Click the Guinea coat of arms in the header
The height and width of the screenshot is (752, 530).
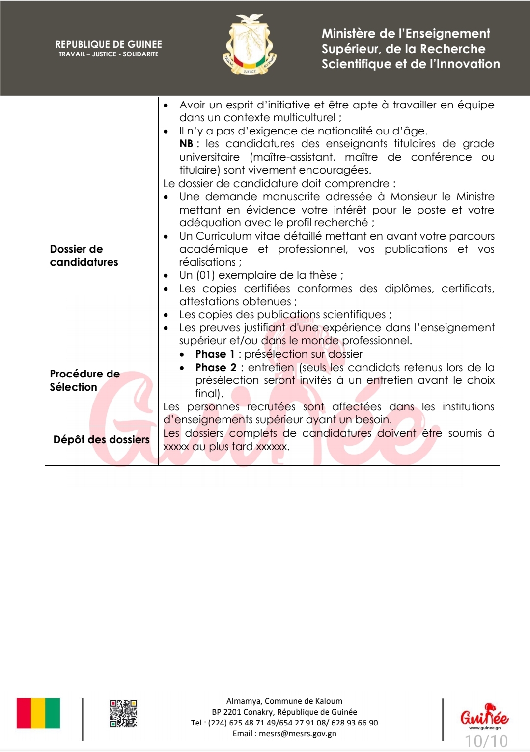click(250, 45)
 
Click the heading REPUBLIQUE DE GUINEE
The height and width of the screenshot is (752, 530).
click(109, 44)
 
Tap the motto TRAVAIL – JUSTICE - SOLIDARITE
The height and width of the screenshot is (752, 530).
click(109, 54)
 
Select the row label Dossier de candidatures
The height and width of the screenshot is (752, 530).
click(84, 255)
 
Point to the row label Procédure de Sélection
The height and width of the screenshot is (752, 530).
click(84, 380)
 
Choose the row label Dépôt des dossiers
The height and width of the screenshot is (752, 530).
click(101, 440)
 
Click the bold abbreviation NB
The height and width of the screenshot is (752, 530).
click(186, 144)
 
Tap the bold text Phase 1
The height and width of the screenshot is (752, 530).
click(215, 354)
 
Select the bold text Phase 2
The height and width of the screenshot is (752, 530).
click(216, 368)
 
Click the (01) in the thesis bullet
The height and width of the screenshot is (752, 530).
click(205, 275)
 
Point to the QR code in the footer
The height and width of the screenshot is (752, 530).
click(123, 713)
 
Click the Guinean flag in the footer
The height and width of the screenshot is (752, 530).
click(38, 713)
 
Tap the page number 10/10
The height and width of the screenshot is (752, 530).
click(486, 741)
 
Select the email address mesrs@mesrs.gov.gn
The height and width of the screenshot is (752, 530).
click(298, 734)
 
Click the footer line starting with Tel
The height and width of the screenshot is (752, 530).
click(284, 723)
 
